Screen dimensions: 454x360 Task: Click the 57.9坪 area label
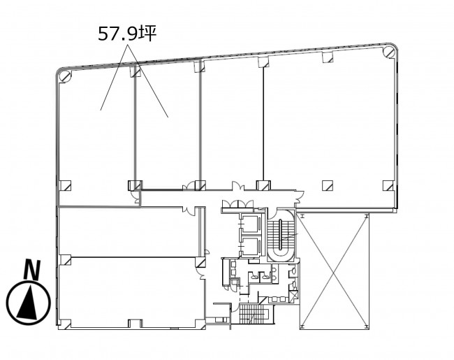click(x=127, y=34)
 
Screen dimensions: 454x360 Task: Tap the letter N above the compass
click(x=32, y=270)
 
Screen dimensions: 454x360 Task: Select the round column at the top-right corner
click(x=388, y=52)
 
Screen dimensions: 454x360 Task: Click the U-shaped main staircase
click(x=280, y=235)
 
